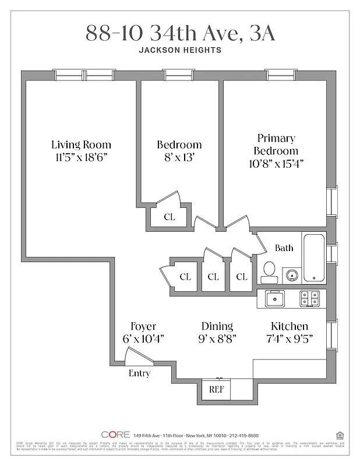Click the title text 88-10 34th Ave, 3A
180,34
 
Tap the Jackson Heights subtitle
180,50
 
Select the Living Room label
81,144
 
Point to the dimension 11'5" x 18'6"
81,157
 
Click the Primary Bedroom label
276,144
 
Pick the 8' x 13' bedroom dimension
179,157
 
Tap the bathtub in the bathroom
313,257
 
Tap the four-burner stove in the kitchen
309,298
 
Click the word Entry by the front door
139,373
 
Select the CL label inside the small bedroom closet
169,217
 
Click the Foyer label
143,326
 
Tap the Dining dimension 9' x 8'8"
217,340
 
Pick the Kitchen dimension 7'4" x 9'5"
290,340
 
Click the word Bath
284,248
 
